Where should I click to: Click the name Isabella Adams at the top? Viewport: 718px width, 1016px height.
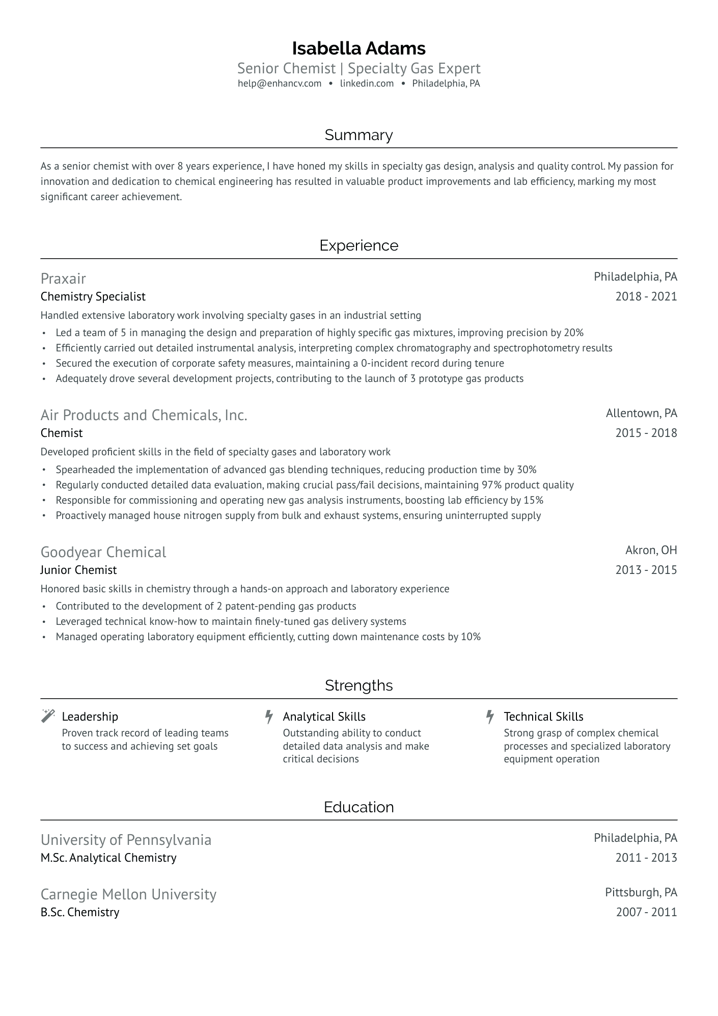358,48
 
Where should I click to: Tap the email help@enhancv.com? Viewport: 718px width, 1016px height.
280,84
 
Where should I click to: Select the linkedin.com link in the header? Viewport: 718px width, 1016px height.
367,84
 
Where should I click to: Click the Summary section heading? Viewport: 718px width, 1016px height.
358,135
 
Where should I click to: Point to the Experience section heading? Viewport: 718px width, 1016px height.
358,245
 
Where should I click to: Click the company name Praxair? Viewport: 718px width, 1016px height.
63,279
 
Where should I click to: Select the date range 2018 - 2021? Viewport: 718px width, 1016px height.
646,296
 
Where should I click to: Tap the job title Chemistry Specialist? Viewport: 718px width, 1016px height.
93,296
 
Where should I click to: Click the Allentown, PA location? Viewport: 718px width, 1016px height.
641,413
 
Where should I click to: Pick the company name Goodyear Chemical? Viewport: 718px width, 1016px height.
103,552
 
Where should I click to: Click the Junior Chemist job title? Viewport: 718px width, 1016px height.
78,570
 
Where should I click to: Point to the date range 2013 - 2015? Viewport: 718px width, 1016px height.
646,570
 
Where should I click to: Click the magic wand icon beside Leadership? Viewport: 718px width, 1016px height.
48,716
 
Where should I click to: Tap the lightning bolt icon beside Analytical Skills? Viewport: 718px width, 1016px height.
269,717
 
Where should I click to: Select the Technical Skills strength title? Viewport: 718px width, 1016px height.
543,717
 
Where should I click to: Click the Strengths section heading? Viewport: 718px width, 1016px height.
358,685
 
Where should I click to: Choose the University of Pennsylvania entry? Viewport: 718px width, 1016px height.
126,840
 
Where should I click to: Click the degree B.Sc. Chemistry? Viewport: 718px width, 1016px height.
80,912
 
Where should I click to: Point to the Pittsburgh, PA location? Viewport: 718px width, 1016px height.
641,892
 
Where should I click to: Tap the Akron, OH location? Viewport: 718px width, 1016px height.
651,550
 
